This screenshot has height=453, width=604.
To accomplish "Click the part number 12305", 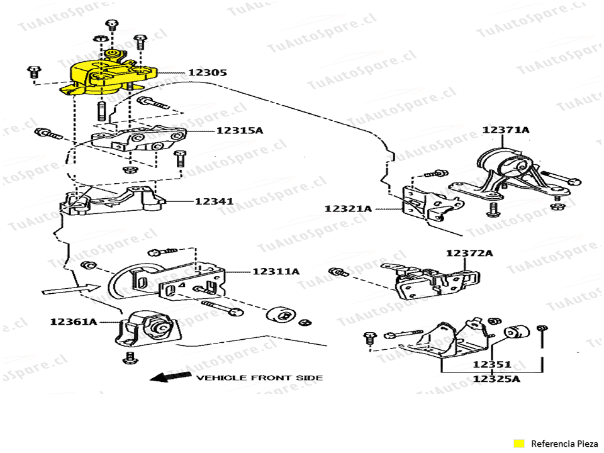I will pos(207,73).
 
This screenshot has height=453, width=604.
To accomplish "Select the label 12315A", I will pos(239,131).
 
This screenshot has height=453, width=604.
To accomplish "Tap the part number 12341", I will pos(214,202).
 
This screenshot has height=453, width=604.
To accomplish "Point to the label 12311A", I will pos(276,272).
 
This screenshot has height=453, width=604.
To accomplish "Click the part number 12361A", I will pos(74,322).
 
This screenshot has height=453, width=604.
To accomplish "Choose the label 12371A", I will pos(506,130).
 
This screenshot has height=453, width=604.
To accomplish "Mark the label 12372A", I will pos(469,253).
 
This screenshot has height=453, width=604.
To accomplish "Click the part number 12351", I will pos(491,364).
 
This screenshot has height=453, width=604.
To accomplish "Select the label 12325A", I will pos(496,379).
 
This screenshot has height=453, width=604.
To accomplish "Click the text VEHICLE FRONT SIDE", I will pos(259,377).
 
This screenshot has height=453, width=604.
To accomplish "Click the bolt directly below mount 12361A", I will pos(131,359).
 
